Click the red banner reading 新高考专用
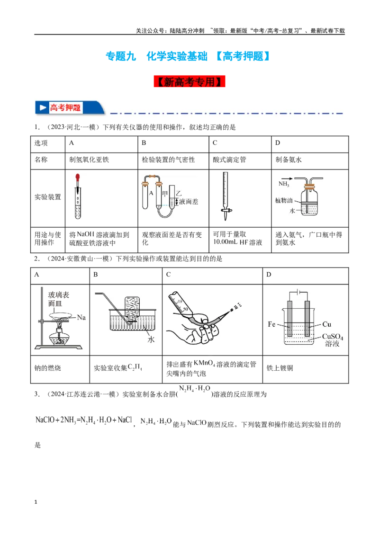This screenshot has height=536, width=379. tap(189, 82)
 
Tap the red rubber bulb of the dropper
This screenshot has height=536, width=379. tap(78, 178)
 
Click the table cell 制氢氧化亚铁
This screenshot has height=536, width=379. tap(89, 160)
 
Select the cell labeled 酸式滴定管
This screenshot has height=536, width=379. tap(229, 160)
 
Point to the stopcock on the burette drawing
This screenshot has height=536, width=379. tap(226, 211)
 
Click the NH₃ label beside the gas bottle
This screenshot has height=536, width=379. tap(284, 184)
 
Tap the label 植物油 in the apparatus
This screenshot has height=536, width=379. tap(284, 200)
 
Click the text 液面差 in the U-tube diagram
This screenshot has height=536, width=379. tap(189, 202)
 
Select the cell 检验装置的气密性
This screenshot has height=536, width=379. tap(168, 160)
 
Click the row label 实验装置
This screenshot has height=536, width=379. tap(47, 197)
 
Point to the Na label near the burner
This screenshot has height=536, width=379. tap(81, 318)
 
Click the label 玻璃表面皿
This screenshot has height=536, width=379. tap(58, 299)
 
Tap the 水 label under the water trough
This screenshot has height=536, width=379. tap(151, 339)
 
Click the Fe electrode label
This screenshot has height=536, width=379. tap(271, 324)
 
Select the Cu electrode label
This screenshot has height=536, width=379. tap(327, 324)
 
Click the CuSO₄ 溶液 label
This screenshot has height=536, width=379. tap(333, 340)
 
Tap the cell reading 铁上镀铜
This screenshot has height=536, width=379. tap(280, 368)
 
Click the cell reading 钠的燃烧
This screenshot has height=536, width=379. tap(47, 368)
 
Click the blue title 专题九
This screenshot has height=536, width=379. tap(121, 56)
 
